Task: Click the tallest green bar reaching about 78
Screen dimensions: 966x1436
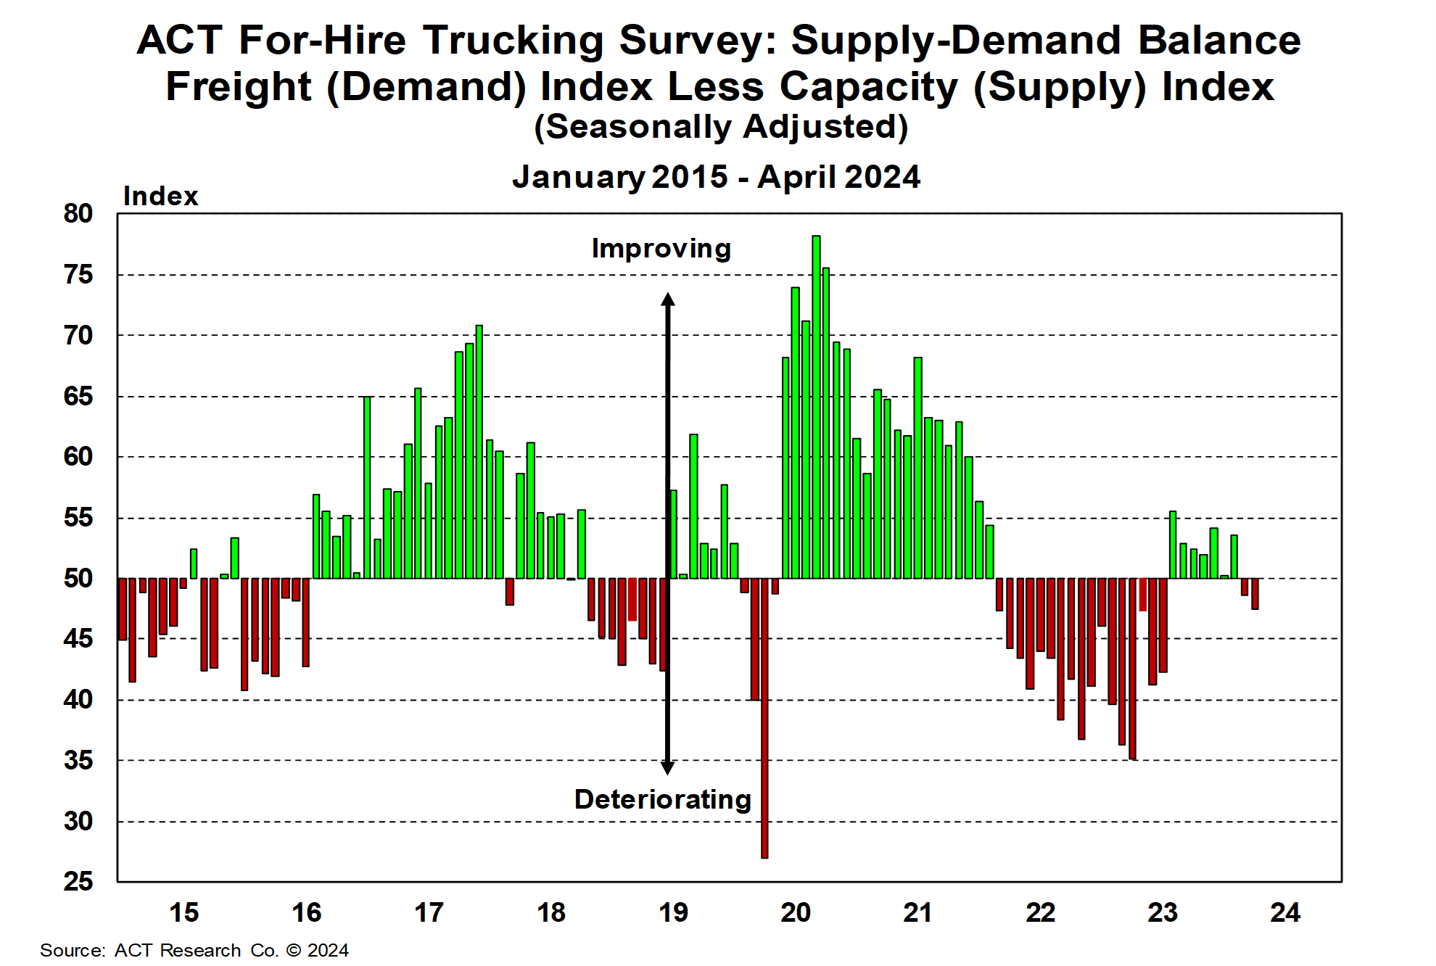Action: coord(816,406)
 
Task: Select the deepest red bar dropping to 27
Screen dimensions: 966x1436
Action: coord(764,718)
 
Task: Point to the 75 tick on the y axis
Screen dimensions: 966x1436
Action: coord(78,275)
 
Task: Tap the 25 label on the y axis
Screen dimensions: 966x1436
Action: coord(78,882)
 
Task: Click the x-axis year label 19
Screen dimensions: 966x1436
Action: coord(673,912)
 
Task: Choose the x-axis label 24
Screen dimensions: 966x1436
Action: coord(1285,912)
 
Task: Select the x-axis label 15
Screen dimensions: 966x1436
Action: coord(184,912)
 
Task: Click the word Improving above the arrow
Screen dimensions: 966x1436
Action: coord(661,249)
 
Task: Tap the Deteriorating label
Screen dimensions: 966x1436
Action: coord(662,799)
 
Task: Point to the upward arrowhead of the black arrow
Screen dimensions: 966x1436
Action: coord(668,299)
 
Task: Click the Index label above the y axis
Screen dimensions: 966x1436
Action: coord(160,196)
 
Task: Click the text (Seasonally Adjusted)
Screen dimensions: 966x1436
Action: coord(721,127)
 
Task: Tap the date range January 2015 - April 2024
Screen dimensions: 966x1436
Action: coord(716,177)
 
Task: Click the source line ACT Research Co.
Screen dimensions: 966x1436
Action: coord(194,950)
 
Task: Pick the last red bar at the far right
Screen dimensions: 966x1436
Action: coord(1255,593)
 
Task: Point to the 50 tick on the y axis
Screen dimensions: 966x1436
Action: coord(78,579)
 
